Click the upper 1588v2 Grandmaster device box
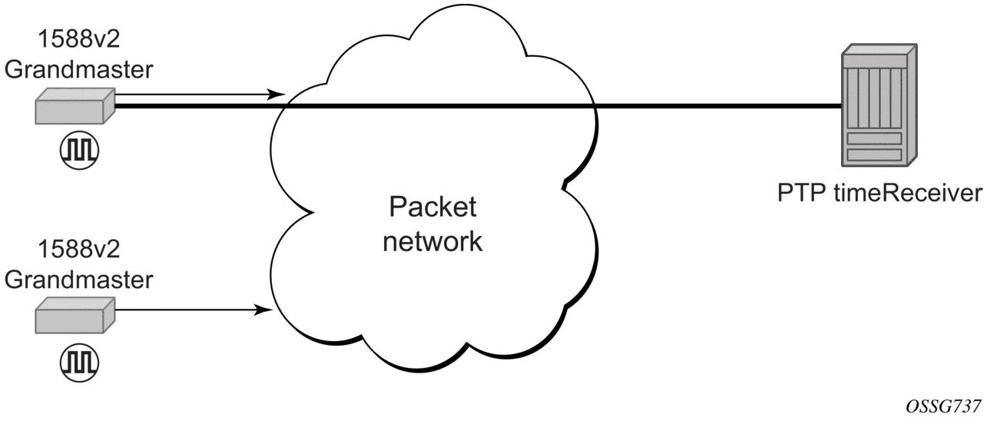click(x=75, y=106)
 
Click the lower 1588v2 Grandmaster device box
click(x=75, y=315)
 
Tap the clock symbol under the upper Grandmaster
click(x=79, y=151)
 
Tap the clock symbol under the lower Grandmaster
click(x=79, y=363)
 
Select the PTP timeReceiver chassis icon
click(x=879, y=105)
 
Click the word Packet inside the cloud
click(x=432, y=207)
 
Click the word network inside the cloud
click(x=432, y=241)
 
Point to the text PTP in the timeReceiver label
click(x=801, y=193)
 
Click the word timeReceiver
click(x=908, y=193)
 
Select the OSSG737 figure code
click(x=943, y=406)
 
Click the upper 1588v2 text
click(x=79, y=39)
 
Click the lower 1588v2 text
click(x=79, y=249)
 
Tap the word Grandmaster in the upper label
click(x=79, y=70)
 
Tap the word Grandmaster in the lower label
click(x=79, y=280)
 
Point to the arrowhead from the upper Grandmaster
click(x=277, y=94)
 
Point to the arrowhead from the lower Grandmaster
click(x=264, y=310)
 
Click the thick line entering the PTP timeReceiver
click(x=478, y=106)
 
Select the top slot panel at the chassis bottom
click(x=874, y=138)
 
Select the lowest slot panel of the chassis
click(x=874, y=154)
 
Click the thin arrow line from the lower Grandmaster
click(x=194, y=310)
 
